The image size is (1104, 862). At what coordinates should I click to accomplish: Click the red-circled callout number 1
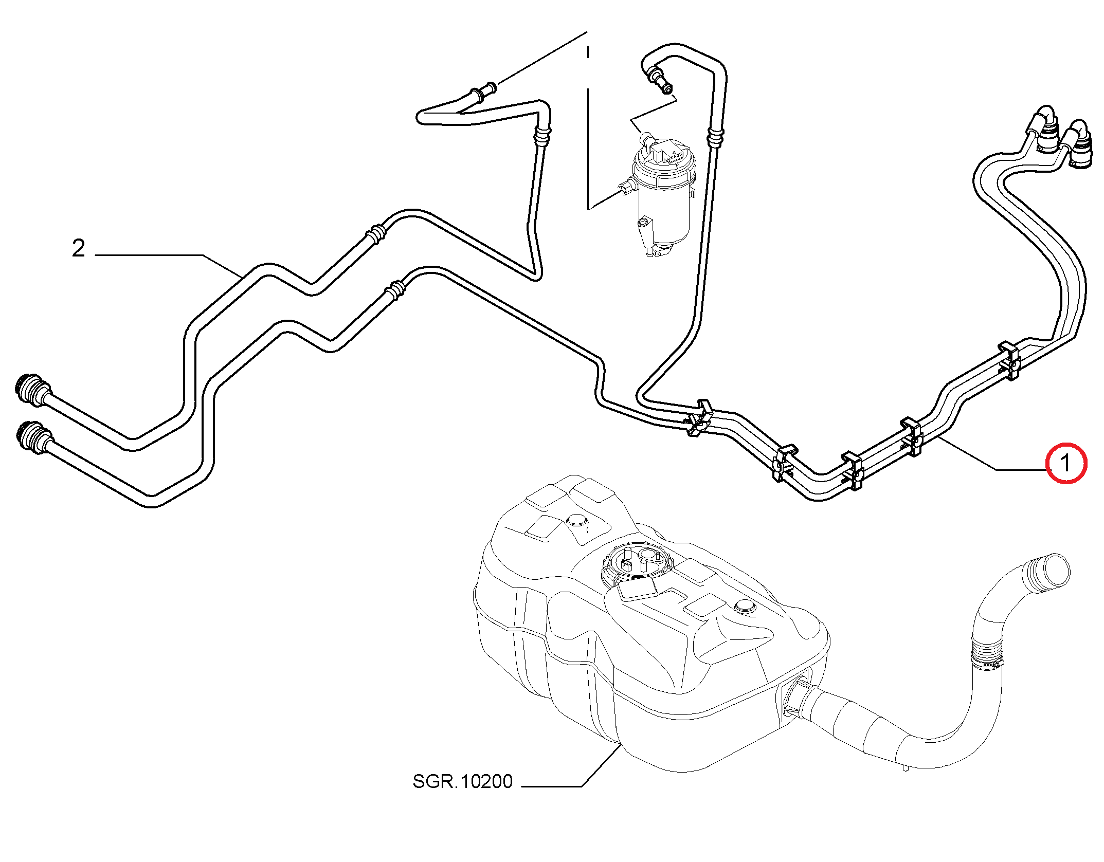tap(1065, 463)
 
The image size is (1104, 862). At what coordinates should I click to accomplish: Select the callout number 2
tap(79, 248)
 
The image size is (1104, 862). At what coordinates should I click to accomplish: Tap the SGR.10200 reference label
tap(462, 781)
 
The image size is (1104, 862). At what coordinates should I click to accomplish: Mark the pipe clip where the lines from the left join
tap(699, 418)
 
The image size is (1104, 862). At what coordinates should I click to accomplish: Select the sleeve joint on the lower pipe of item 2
tap(396, 290)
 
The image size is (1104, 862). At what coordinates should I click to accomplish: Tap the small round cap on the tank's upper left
tap(577, 521)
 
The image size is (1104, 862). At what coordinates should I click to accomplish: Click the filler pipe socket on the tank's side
tap(794, 696)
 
